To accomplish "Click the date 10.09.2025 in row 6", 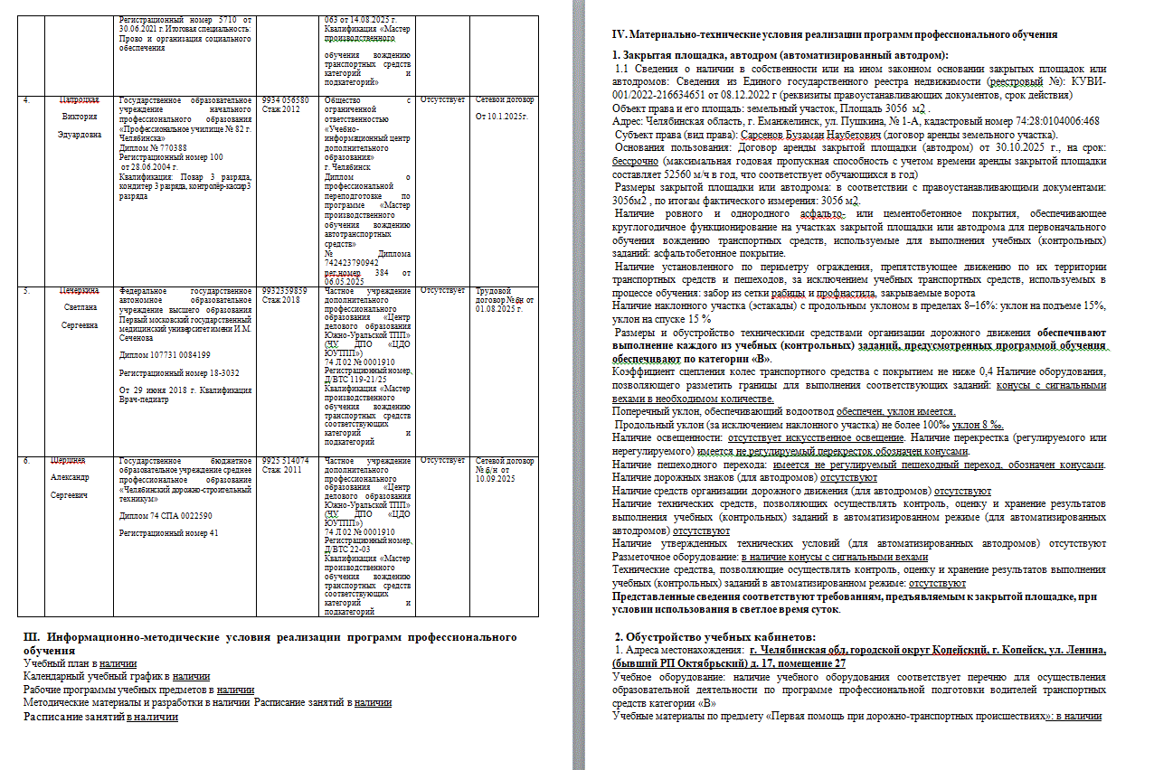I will point(494,478).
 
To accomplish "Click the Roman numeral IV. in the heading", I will point(620,34).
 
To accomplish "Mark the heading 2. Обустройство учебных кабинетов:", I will point(714,637).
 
